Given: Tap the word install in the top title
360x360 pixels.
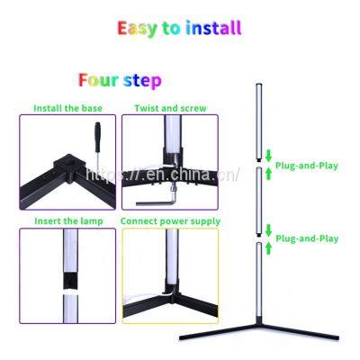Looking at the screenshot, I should coord(215,28).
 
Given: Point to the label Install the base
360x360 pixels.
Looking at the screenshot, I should coord(67,108).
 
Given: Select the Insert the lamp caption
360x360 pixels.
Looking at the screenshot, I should coord(67,220).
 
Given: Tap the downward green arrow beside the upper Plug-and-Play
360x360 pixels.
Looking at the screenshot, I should coord(267,154).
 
